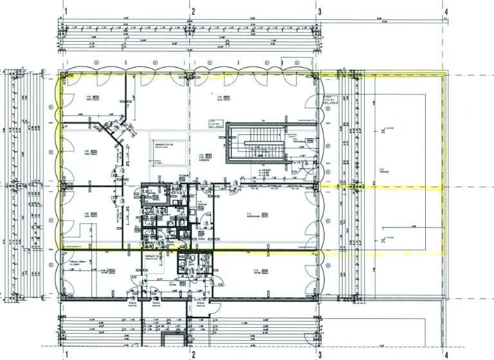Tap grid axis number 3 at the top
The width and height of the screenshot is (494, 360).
click(x=319, y=11)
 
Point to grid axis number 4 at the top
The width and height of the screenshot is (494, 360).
click(x=446, y=11)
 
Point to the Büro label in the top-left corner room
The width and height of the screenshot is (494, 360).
click(x=87, y=98)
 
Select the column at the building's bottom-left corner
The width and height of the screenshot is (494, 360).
click(x=62, y=298)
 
